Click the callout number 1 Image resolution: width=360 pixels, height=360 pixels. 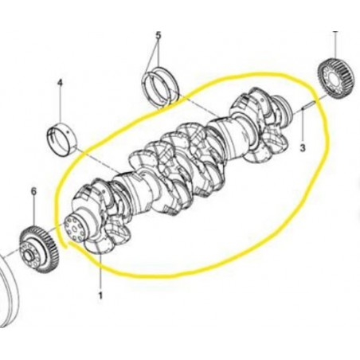100,295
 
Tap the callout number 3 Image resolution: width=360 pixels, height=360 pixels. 303,147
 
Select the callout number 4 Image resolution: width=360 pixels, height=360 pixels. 60,83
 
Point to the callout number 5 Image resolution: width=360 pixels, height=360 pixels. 158,35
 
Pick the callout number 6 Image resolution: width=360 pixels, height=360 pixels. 33,191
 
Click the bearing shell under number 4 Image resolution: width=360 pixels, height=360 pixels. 62,139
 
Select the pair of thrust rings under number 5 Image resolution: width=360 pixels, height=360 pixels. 161,88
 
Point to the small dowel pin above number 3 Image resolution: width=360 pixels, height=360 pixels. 309,105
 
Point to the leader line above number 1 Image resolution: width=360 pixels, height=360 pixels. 100,272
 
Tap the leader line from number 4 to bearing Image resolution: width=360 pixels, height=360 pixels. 61,106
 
